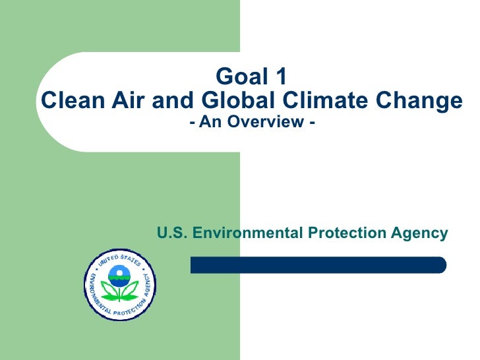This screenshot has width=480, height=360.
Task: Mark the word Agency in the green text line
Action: click(x=423, y=233)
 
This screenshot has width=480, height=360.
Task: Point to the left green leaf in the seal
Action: click(x=107, y=291)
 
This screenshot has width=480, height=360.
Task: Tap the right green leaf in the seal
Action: click(x=132, y=291)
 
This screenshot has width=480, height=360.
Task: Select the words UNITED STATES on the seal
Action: click(x=119, y=258)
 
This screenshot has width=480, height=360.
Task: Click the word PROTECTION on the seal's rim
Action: click(x=121, y=313)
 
